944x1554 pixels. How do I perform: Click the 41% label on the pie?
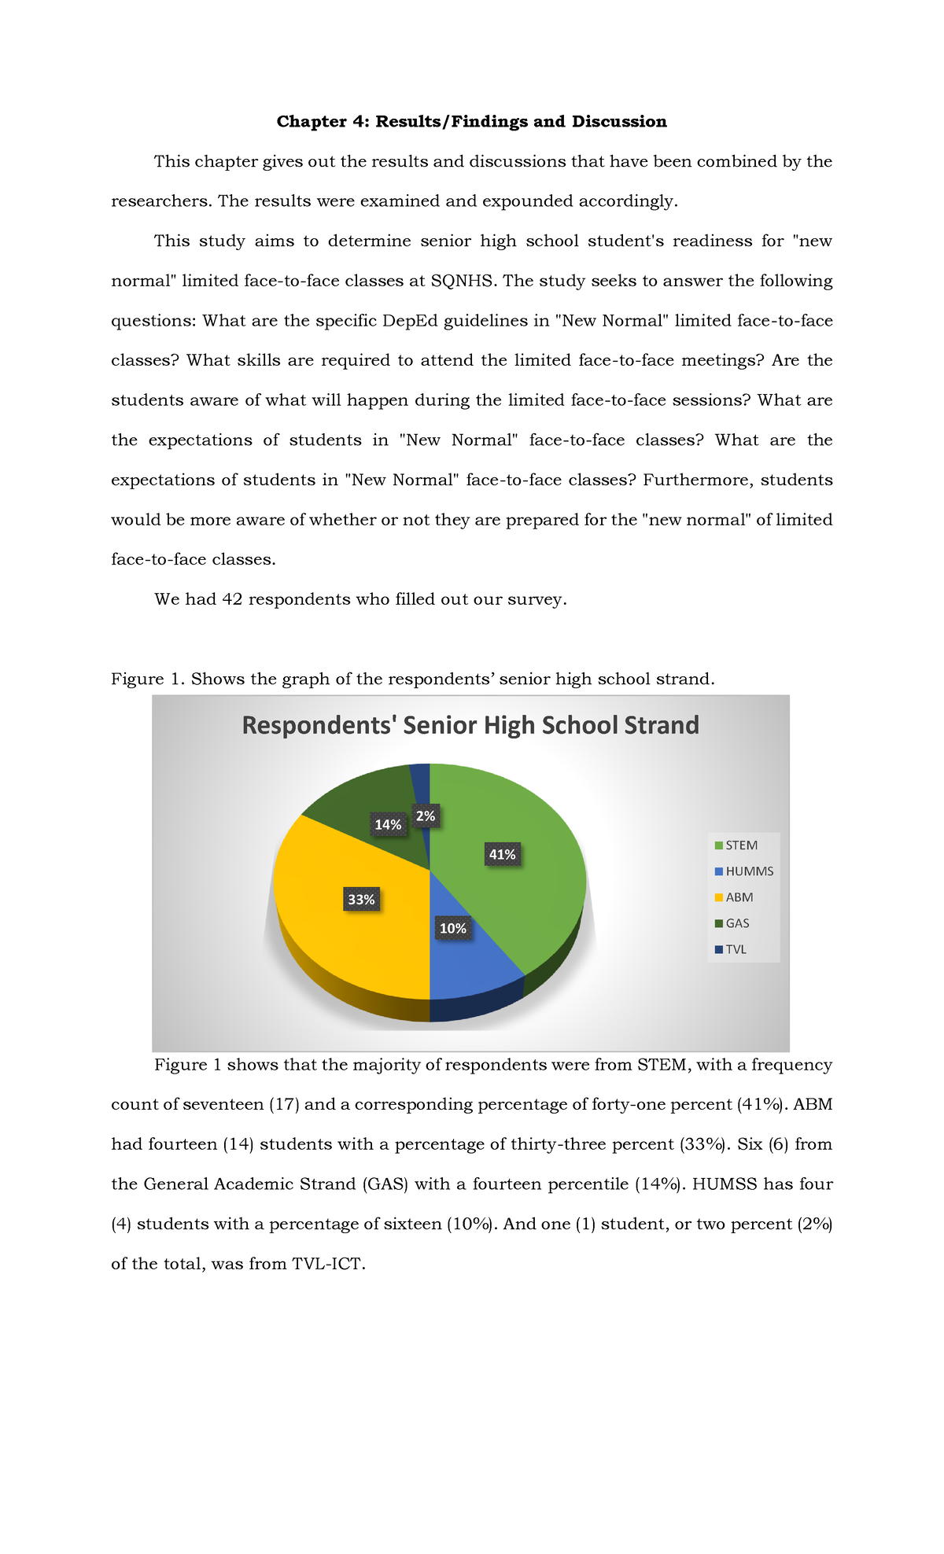(502, 854)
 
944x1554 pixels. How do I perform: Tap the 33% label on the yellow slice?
(361, 899)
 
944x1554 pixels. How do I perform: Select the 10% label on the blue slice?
(453, 928)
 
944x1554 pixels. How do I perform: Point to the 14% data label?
(388, 824)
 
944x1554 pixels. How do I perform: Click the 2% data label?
(426, 816)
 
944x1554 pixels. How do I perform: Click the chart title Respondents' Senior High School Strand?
(470, 725)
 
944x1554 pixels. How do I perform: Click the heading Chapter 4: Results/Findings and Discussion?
(471, 121)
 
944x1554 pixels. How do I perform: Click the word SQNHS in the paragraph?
(463, 281)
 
